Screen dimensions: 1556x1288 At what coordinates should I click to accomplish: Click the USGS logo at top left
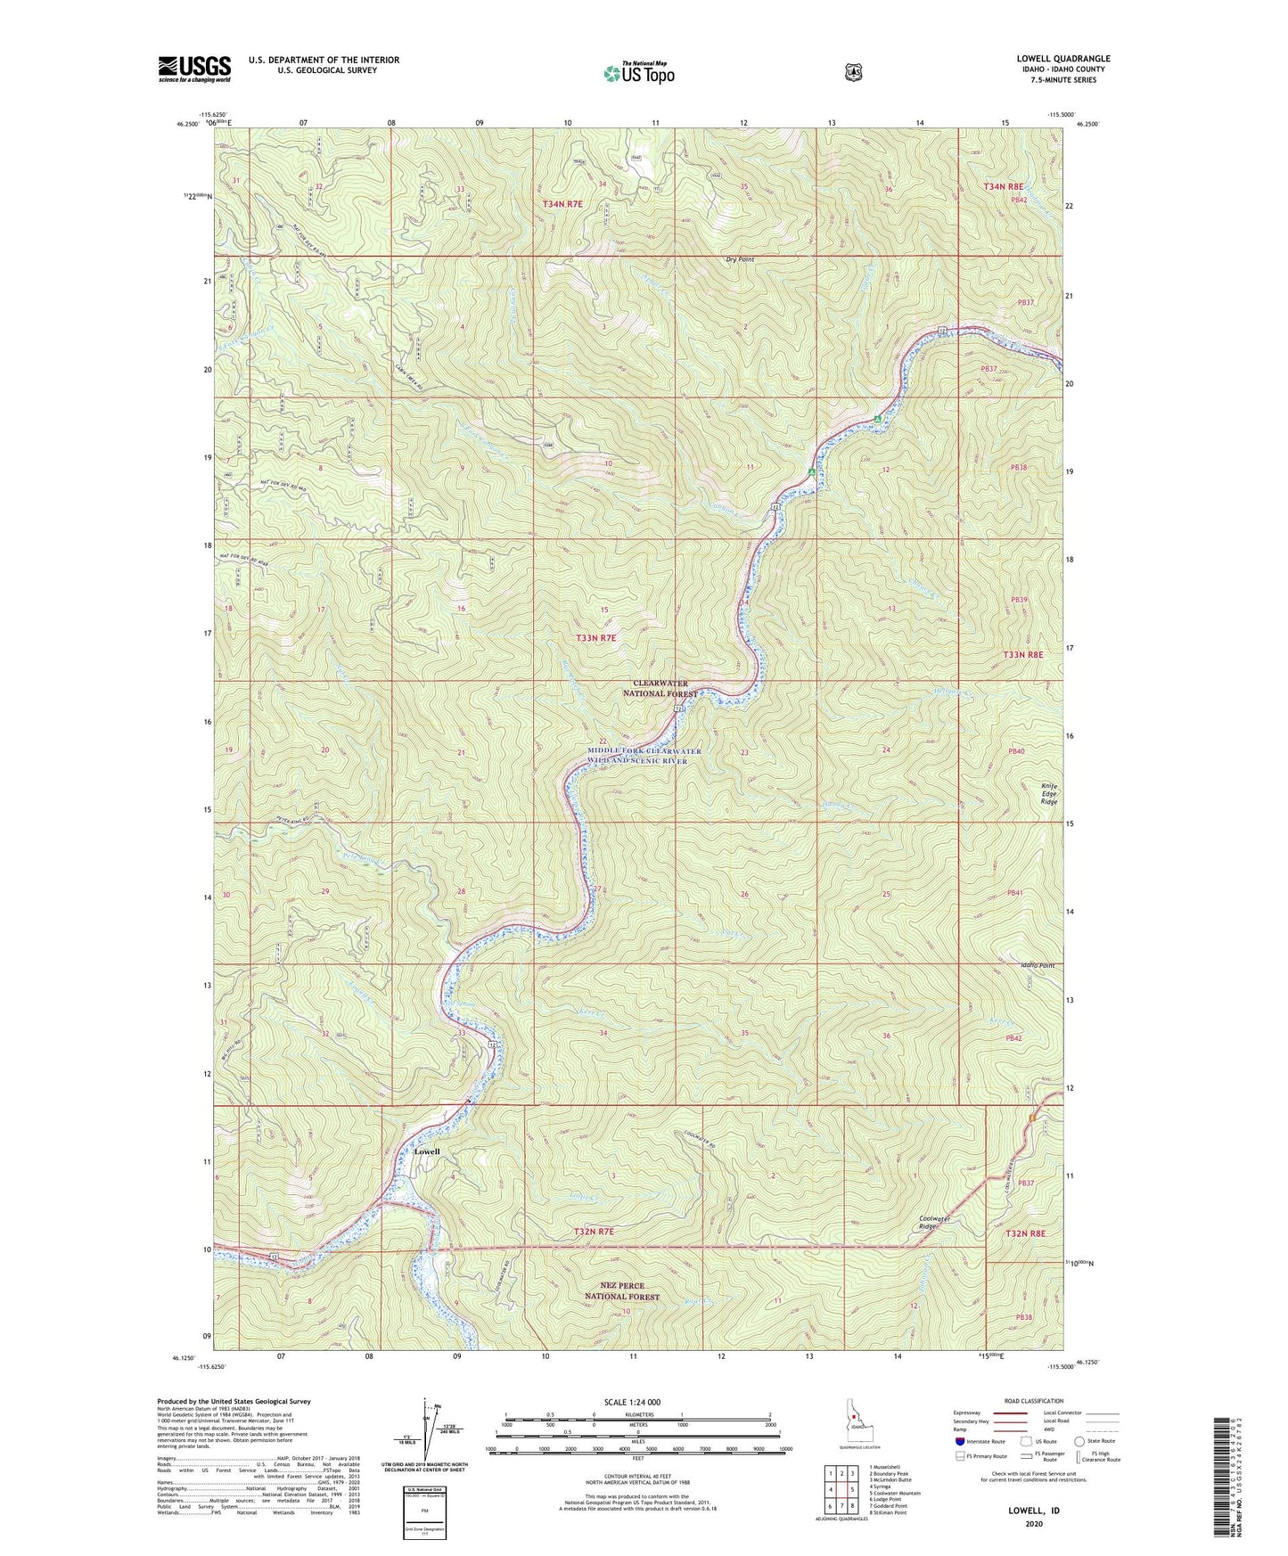click(194, 69)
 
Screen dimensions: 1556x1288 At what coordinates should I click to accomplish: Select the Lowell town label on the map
click(427, 1151)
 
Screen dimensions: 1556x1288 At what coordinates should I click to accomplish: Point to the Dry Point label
click(740, 259)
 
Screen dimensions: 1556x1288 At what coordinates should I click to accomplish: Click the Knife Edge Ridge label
click(1049, 794)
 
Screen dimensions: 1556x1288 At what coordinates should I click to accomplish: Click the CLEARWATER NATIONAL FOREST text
click(660, 688)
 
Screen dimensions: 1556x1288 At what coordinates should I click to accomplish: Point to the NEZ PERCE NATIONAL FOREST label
click(622, 1291)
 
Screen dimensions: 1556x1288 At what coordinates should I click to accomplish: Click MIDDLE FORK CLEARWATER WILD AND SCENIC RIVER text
click(644, 756)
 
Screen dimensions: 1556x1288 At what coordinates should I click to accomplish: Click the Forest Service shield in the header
click(853, 71)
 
